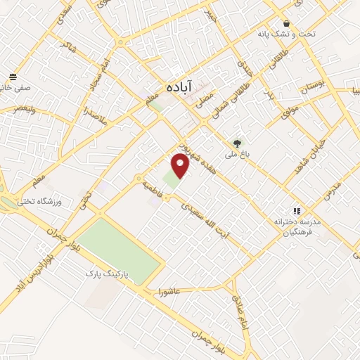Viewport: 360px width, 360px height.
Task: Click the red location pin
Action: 181,166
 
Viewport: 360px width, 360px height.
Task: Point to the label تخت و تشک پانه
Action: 285,34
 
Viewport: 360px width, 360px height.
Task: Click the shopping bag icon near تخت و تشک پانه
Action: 286,22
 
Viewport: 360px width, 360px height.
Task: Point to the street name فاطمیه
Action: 153,187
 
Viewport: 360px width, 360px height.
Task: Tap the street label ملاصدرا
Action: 94,115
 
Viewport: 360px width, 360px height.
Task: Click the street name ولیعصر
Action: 24,110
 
